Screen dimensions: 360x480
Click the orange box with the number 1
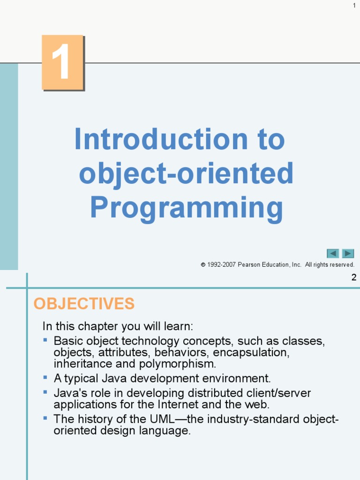(x=63, y=62)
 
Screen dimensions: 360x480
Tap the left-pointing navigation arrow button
(x=333, y=254)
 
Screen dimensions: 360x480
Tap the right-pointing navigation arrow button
(x=348, y=254)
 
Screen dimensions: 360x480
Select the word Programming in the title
(x=187, y=208)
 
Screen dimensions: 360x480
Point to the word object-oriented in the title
(x=186, y=173)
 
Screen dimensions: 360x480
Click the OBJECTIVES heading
(x=84, y=303)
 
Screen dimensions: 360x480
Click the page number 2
(x=354, y=277)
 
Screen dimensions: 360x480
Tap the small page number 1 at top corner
(x=354, y=5)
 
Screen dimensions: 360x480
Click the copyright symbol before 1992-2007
(x=203, y=265)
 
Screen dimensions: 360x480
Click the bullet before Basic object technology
(x=45, y=340)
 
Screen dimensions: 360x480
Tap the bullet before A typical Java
(x=45, y=377)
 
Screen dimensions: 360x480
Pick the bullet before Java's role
(x=45, y=392)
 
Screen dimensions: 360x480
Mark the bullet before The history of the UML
(x=45, y=418)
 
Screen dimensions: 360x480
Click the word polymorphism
(x=178, y=364)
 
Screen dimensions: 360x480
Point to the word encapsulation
(x=251, y=352)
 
